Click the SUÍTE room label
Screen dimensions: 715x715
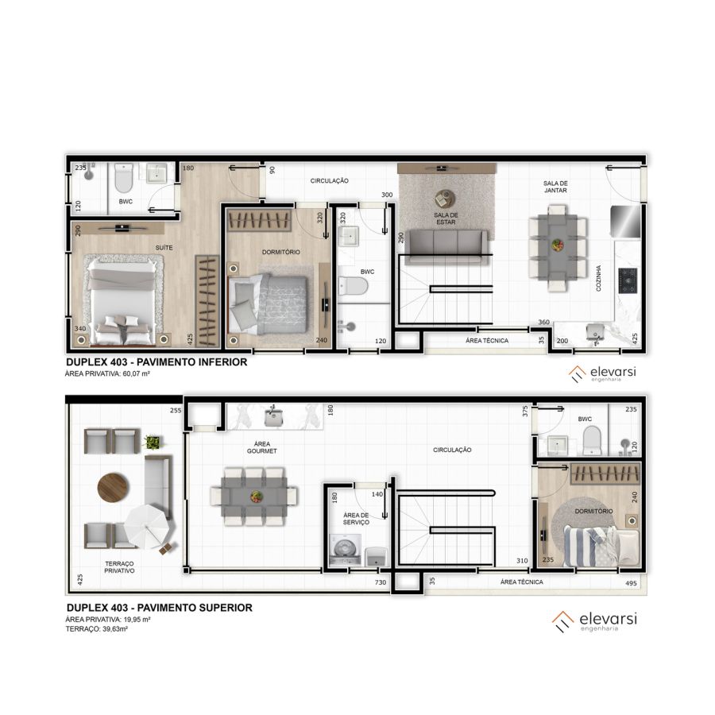164,248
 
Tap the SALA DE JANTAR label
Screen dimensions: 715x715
555,187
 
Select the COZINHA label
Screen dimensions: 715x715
598,278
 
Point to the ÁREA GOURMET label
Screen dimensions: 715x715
262,447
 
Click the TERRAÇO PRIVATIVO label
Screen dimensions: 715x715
119,567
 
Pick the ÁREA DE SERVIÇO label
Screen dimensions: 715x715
356,519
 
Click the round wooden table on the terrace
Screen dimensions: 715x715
113,488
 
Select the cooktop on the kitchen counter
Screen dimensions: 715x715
628,280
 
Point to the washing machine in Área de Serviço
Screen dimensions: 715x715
345,550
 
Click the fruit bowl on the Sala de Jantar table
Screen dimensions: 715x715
557,245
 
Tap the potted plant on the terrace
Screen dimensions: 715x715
153,442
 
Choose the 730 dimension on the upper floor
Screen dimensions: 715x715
381,582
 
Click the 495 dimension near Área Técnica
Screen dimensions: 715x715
631,583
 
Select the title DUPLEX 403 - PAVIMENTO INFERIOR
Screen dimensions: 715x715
157,362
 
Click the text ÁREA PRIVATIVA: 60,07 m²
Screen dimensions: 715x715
107,373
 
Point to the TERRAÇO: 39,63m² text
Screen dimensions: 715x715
97,629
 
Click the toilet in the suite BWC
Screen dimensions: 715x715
124,178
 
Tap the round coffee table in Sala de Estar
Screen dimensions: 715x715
443,199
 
